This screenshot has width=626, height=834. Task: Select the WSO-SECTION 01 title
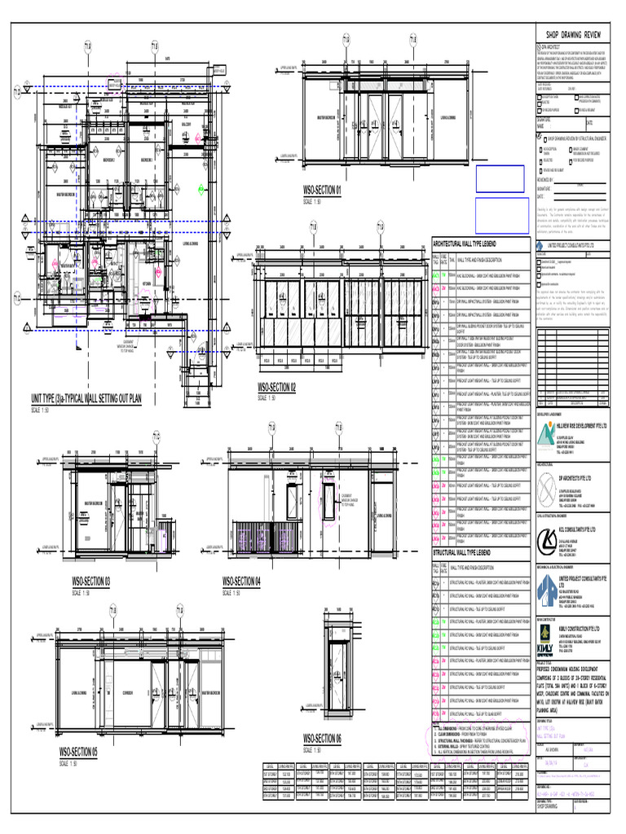click(322, 191)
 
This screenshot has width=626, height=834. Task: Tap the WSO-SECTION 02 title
click(276, 388)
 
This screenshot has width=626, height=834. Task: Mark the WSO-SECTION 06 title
click(322, 738)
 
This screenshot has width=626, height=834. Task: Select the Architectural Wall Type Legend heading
click(469, 244)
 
